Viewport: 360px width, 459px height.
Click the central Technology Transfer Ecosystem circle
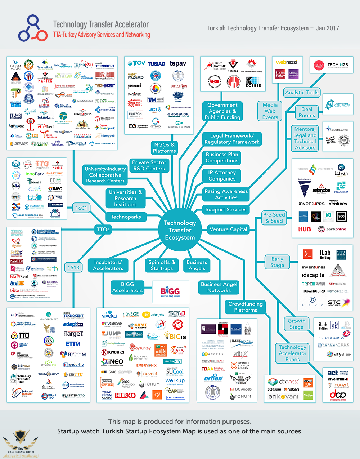click(x=180, y=230)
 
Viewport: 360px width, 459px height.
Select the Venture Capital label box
click(x=228, y=229)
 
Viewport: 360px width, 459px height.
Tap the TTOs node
click(x=103, y=229)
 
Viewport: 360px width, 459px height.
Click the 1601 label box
click(x=81, y=208)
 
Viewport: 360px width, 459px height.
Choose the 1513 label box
click(x=73, y=267)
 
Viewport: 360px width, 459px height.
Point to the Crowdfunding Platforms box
click(x=246, y=307)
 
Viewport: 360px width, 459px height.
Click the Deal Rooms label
click(x=307, y=112)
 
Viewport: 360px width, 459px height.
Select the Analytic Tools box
click(x=302, y=93)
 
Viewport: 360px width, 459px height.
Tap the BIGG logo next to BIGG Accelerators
click(x=170, y=291)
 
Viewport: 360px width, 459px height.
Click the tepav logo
click(x=178, y=64)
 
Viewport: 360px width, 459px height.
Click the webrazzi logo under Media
click(x=287, y=62)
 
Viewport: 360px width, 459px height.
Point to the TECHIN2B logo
click(x=337, y=65)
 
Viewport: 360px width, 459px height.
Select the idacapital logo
click(x=314, y=275)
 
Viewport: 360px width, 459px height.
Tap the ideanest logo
click(x=284, y=382)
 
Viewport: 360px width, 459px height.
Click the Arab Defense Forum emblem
click(x=20, y=443)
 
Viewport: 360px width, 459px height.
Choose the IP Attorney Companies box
click(x=222, y=175)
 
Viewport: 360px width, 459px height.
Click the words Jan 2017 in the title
click(x=327, y=28)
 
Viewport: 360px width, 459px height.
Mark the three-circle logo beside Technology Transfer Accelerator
click(x=32, y=28)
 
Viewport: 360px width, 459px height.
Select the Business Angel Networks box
click(x=219, y=287)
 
